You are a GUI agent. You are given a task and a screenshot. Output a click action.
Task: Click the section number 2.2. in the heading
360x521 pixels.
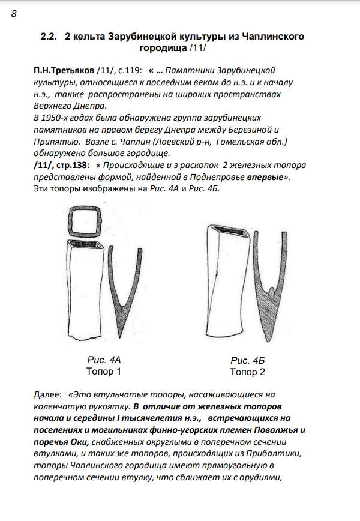(49, 37)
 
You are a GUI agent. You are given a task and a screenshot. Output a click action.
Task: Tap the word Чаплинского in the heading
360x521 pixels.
(269, 37)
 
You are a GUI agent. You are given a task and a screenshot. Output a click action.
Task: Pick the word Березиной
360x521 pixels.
(255, 130)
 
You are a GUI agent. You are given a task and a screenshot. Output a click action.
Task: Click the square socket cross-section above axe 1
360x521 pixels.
(83, 223)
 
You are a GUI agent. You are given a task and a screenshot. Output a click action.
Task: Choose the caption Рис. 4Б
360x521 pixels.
(247, 361)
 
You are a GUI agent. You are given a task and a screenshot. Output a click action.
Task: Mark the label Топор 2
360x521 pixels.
(247, 372)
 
